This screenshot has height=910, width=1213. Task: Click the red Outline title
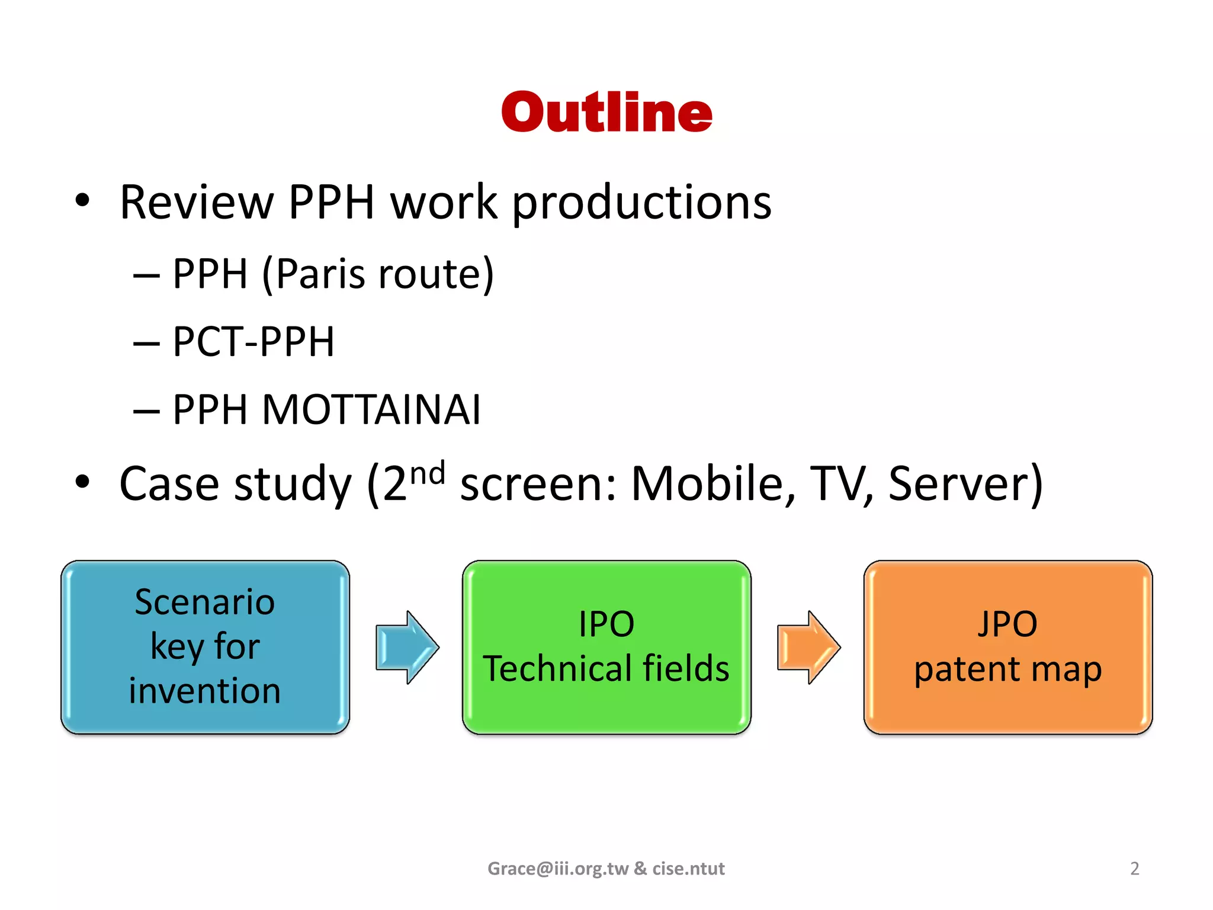pyautogui.click(x=606, y=112)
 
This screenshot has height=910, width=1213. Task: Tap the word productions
pyautogui.click(x=641, y=203)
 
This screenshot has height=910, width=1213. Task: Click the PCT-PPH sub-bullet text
pyautogui.click(x=253, y=342)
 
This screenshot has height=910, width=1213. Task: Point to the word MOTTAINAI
pyautogui.click(x=371, y=410)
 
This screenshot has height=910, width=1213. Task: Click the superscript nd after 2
pyautogui.click(x=427, y=474)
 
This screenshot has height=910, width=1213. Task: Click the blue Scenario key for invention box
pyautogui.click(x=205, y=647)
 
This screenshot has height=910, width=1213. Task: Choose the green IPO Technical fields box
pyautogui.click(x=606, y=647)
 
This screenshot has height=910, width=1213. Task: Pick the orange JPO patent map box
pyautogui.click(x=1007, y=647)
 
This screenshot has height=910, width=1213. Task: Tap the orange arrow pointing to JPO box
pyautogui.click(x=808, y=647)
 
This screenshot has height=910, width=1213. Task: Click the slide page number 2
pyautogui.click(x=1134, y=869)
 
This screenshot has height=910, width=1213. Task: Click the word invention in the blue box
pyautogui.click(x=205, y=691)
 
